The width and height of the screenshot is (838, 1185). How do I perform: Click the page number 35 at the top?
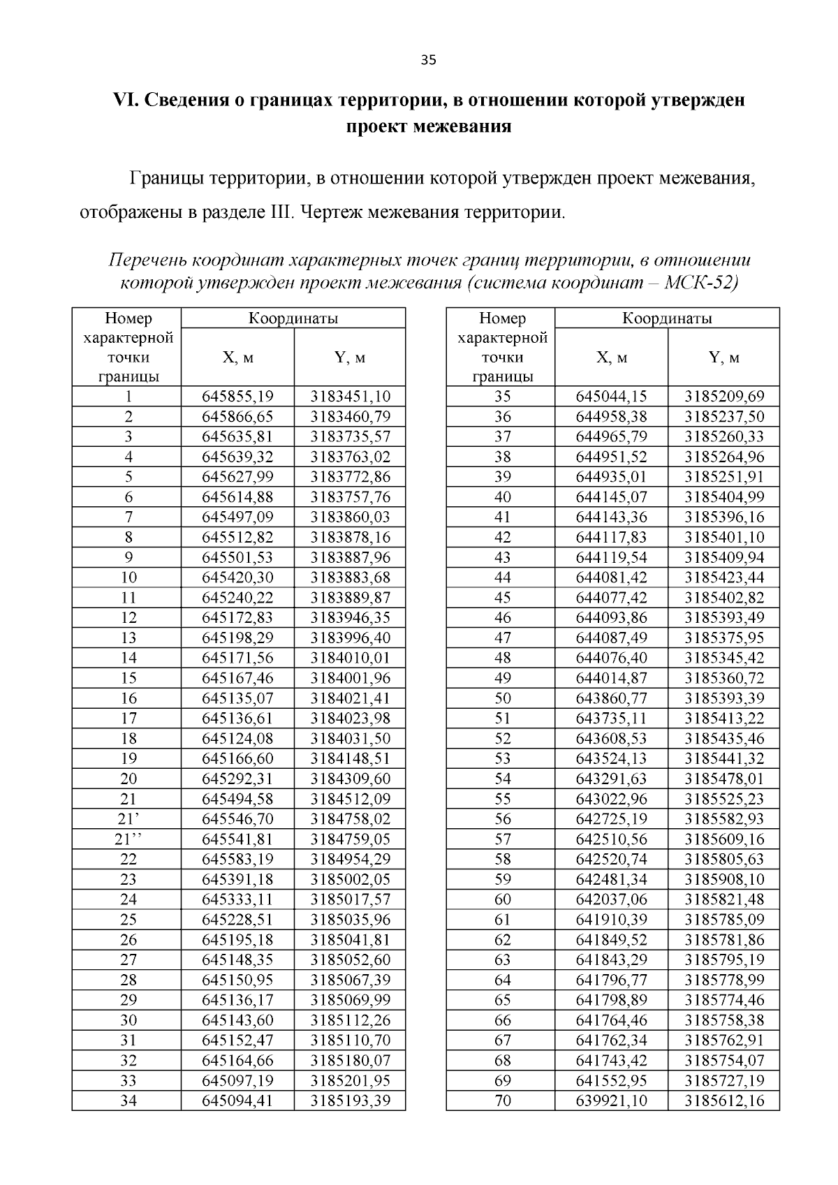pyautogui.click(x=428, y=60)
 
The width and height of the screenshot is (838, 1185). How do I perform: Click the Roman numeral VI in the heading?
pyautogui.click(x=127, y=100)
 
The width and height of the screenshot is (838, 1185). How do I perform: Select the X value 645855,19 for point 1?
pyautogui.click(x=237, y=397)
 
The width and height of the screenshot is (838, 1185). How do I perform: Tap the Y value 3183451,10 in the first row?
pyautogui.click(x=350, y=397)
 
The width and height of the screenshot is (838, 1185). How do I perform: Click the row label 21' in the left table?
pyautogui.click(x=126, y=819)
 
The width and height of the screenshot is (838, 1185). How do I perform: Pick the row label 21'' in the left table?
pyautogui.click(x=126, y=839)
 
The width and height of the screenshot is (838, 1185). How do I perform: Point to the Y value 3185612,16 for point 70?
pyautogui.click(x=724, y=1101)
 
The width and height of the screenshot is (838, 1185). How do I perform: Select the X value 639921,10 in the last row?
pyautogui.click(x=611, y=1101)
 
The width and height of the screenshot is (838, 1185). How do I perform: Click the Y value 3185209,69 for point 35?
pyautogui.click(x=724, y=397)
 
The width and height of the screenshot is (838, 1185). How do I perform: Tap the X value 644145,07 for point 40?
pyautogui.click(x=611, y=497)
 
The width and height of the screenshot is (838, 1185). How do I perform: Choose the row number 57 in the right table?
pyautogui.click(x=502, y=839)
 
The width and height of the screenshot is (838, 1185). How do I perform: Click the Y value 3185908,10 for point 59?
pyautogui.click(x=724, y=880)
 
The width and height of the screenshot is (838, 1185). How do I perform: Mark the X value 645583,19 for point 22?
pyautogui.click(x=237, y=860)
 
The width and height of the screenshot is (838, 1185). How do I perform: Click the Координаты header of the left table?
pyautogui.click(x=293, y=318)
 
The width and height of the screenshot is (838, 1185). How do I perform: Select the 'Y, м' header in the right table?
pyautogui.click(x=723, y=358)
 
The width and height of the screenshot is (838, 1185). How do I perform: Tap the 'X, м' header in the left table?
pyautogui.click(x=237, y=358)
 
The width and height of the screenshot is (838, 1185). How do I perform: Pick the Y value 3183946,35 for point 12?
pyautogui.click(x=350, y=618)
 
